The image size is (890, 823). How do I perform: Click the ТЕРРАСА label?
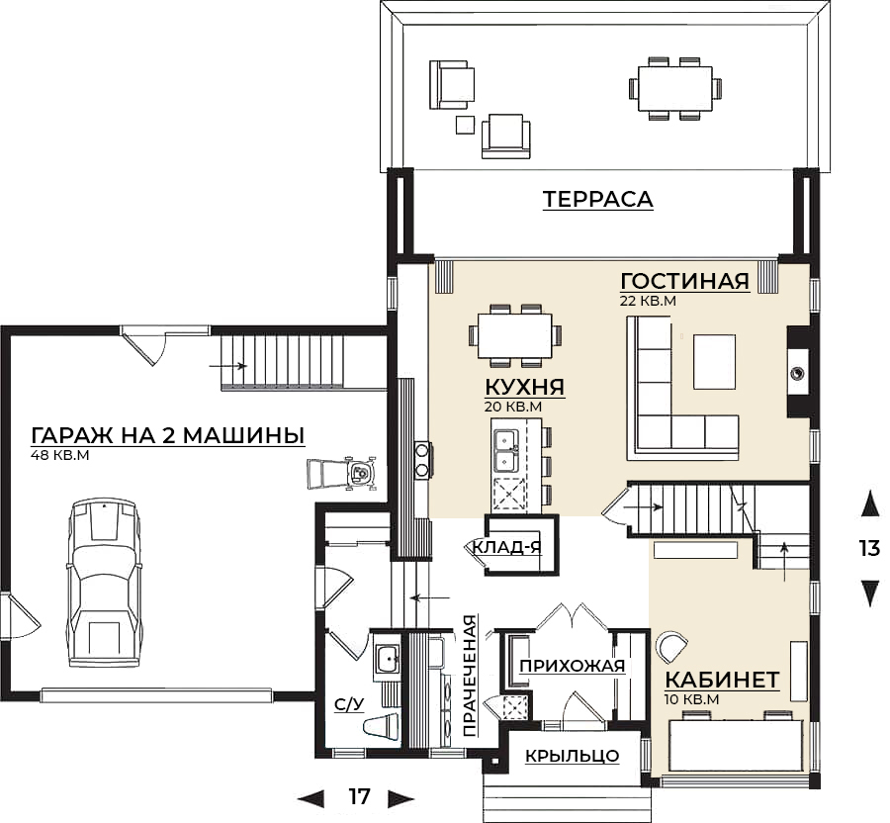click(x=597, y=200)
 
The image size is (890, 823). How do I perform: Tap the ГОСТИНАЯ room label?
click(x=683, y=281)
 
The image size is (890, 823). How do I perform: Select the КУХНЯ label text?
click(x=524, y=386)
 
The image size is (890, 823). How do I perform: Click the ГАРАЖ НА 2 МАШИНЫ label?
click(x=167, y=435)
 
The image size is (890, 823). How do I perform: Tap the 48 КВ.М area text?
click(x=60, y=456)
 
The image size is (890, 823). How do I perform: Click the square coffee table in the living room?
click(x=714, y=362)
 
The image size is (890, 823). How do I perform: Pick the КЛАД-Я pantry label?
click(x=506, y=546)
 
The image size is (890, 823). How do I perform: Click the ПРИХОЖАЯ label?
click(x=573, y=666)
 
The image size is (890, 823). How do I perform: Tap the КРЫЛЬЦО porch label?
click(x=572, y=757)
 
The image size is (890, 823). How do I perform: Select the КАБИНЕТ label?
click(x=722, y=681)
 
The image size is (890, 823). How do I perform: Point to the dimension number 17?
click(x=358, y=796)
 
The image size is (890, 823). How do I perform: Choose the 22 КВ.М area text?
click(x=648, y=300)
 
